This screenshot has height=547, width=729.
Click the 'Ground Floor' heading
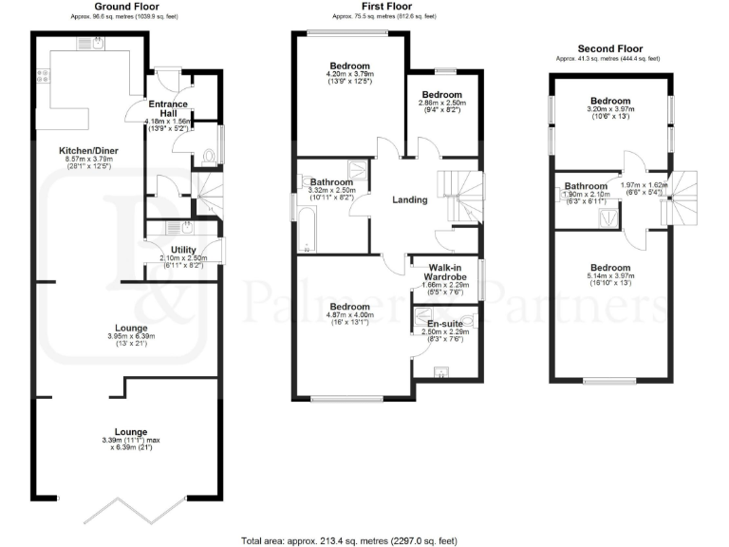pyautogui.click(x=126, y=7)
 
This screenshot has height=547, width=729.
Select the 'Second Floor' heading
pyautogui.click(x=610, y=49)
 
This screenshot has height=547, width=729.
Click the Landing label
pyautogui.click(x=410, y=199)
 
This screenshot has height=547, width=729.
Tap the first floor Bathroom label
pyautogui.click(x=331, y=181)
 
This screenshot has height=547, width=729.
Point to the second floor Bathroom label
pyautogui.click(x=586, y=186)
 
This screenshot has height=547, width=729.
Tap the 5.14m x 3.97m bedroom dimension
pyautogui.click(x=610, y=278)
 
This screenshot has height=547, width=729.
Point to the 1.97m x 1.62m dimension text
pyautogui.click(x=641, y=185)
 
